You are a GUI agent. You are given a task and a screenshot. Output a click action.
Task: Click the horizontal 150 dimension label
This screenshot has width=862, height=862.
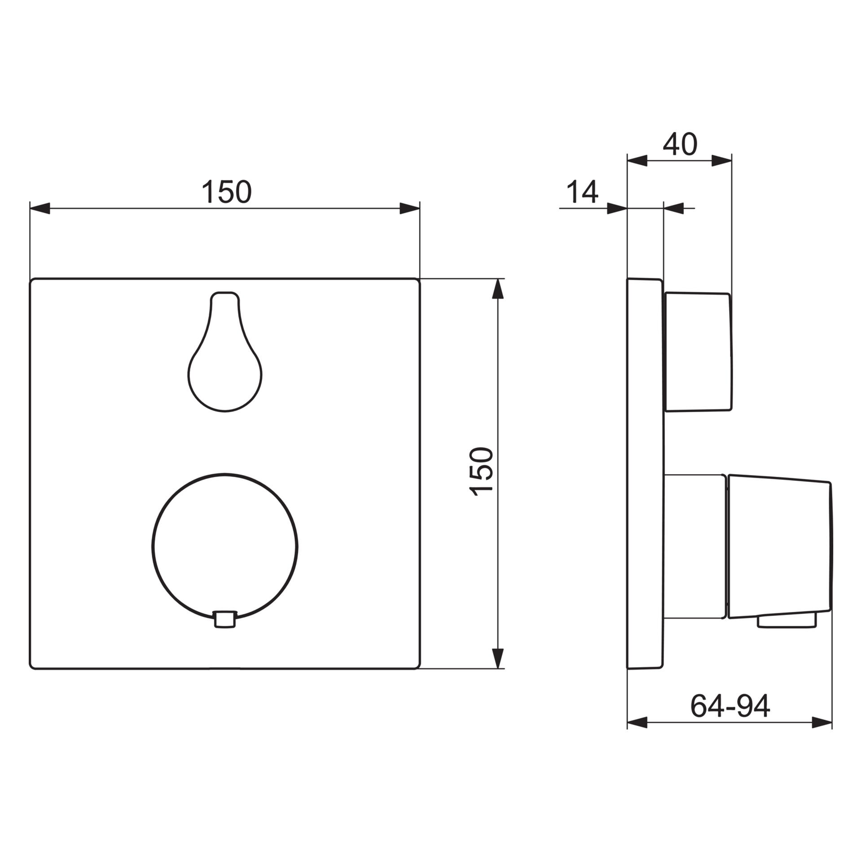pyautogui.click(x=227, y=192)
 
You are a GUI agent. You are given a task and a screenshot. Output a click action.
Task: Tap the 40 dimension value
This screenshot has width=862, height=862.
pyautogui.click(x=680, y=144)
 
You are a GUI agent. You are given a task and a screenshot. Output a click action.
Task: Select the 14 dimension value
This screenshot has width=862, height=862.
pyautogui.click(x=583, y=192)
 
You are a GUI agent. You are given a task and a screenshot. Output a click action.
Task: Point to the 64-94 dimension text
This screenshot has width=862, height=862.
pyautogui.click(x=730, y=706)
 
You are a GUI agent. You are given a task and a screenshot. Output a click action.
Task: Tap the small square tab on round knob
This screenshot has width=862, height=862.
pyautogui.click(x=225, y=619)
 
